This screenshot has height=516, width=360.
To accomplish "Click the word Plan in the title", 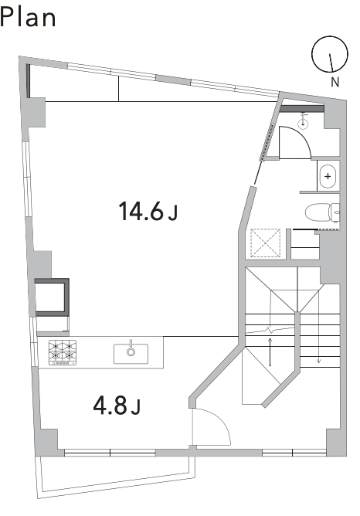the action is click(28, 17).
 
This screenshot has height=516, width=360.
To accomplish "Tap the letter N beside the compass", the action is click(335, 82).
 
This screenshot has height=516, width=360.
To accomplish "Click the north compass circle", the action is click(330, 54).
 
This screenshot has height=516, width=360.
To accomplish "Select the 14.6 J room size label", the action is click(148, 212).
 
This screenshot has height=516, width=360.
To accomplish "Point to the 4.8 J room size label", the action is click(117, 406).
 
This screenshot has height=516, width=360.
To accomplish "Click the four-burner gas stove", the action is click(63, 352).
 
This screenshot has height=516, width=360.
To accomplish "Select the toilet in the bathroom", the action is click(322, 212).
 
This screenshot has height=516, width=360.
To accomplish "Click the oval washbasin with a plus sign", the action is click(328, 176).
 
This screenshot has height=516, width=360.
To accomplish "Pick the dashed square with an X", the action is click(266, 243).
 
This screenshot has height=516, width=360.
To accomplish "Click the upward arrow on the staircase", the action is click(270, 351).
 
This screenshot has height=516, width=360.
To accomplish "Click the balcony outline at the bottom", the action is click(115, 485).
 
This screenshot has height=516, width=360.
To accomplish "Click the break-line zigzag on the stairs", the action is click(270, 330).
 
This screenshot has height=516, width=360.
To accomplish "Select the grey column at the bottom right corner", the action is click(336, 443).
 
